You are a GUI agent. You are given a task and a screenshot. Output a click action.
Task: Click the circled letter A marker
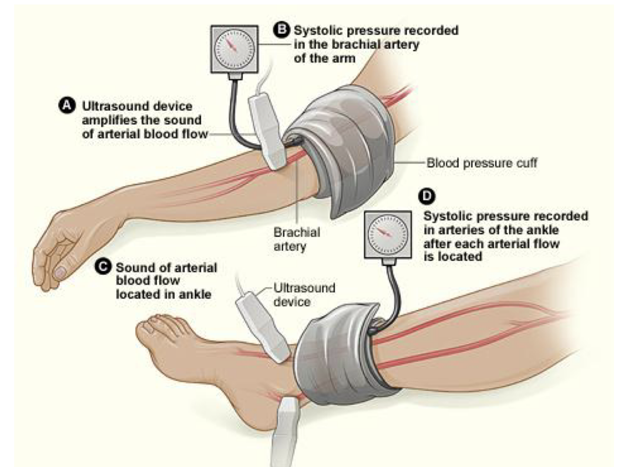67,106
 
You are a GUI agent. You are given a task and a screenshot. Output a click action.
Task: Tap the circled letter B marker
281,30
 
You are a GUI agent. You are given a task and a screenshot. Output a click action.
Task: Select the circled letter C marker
103,267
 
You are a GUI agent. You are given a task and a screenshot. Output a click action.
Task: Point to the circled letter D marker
427,196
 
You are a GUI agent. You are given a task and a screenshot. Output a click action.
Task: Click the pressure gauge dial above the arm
234,49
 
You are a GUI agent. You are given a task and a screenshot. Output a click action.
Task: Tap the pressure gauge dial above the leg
388,235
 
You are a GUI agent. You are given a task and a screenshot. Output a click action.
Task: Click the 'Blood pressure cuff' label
482,163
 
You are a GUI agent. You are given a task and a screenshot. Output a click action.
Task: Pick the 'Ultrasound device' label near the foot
304,294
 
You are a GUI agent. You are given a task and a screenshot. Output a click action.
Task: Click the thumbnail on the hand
60,272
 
